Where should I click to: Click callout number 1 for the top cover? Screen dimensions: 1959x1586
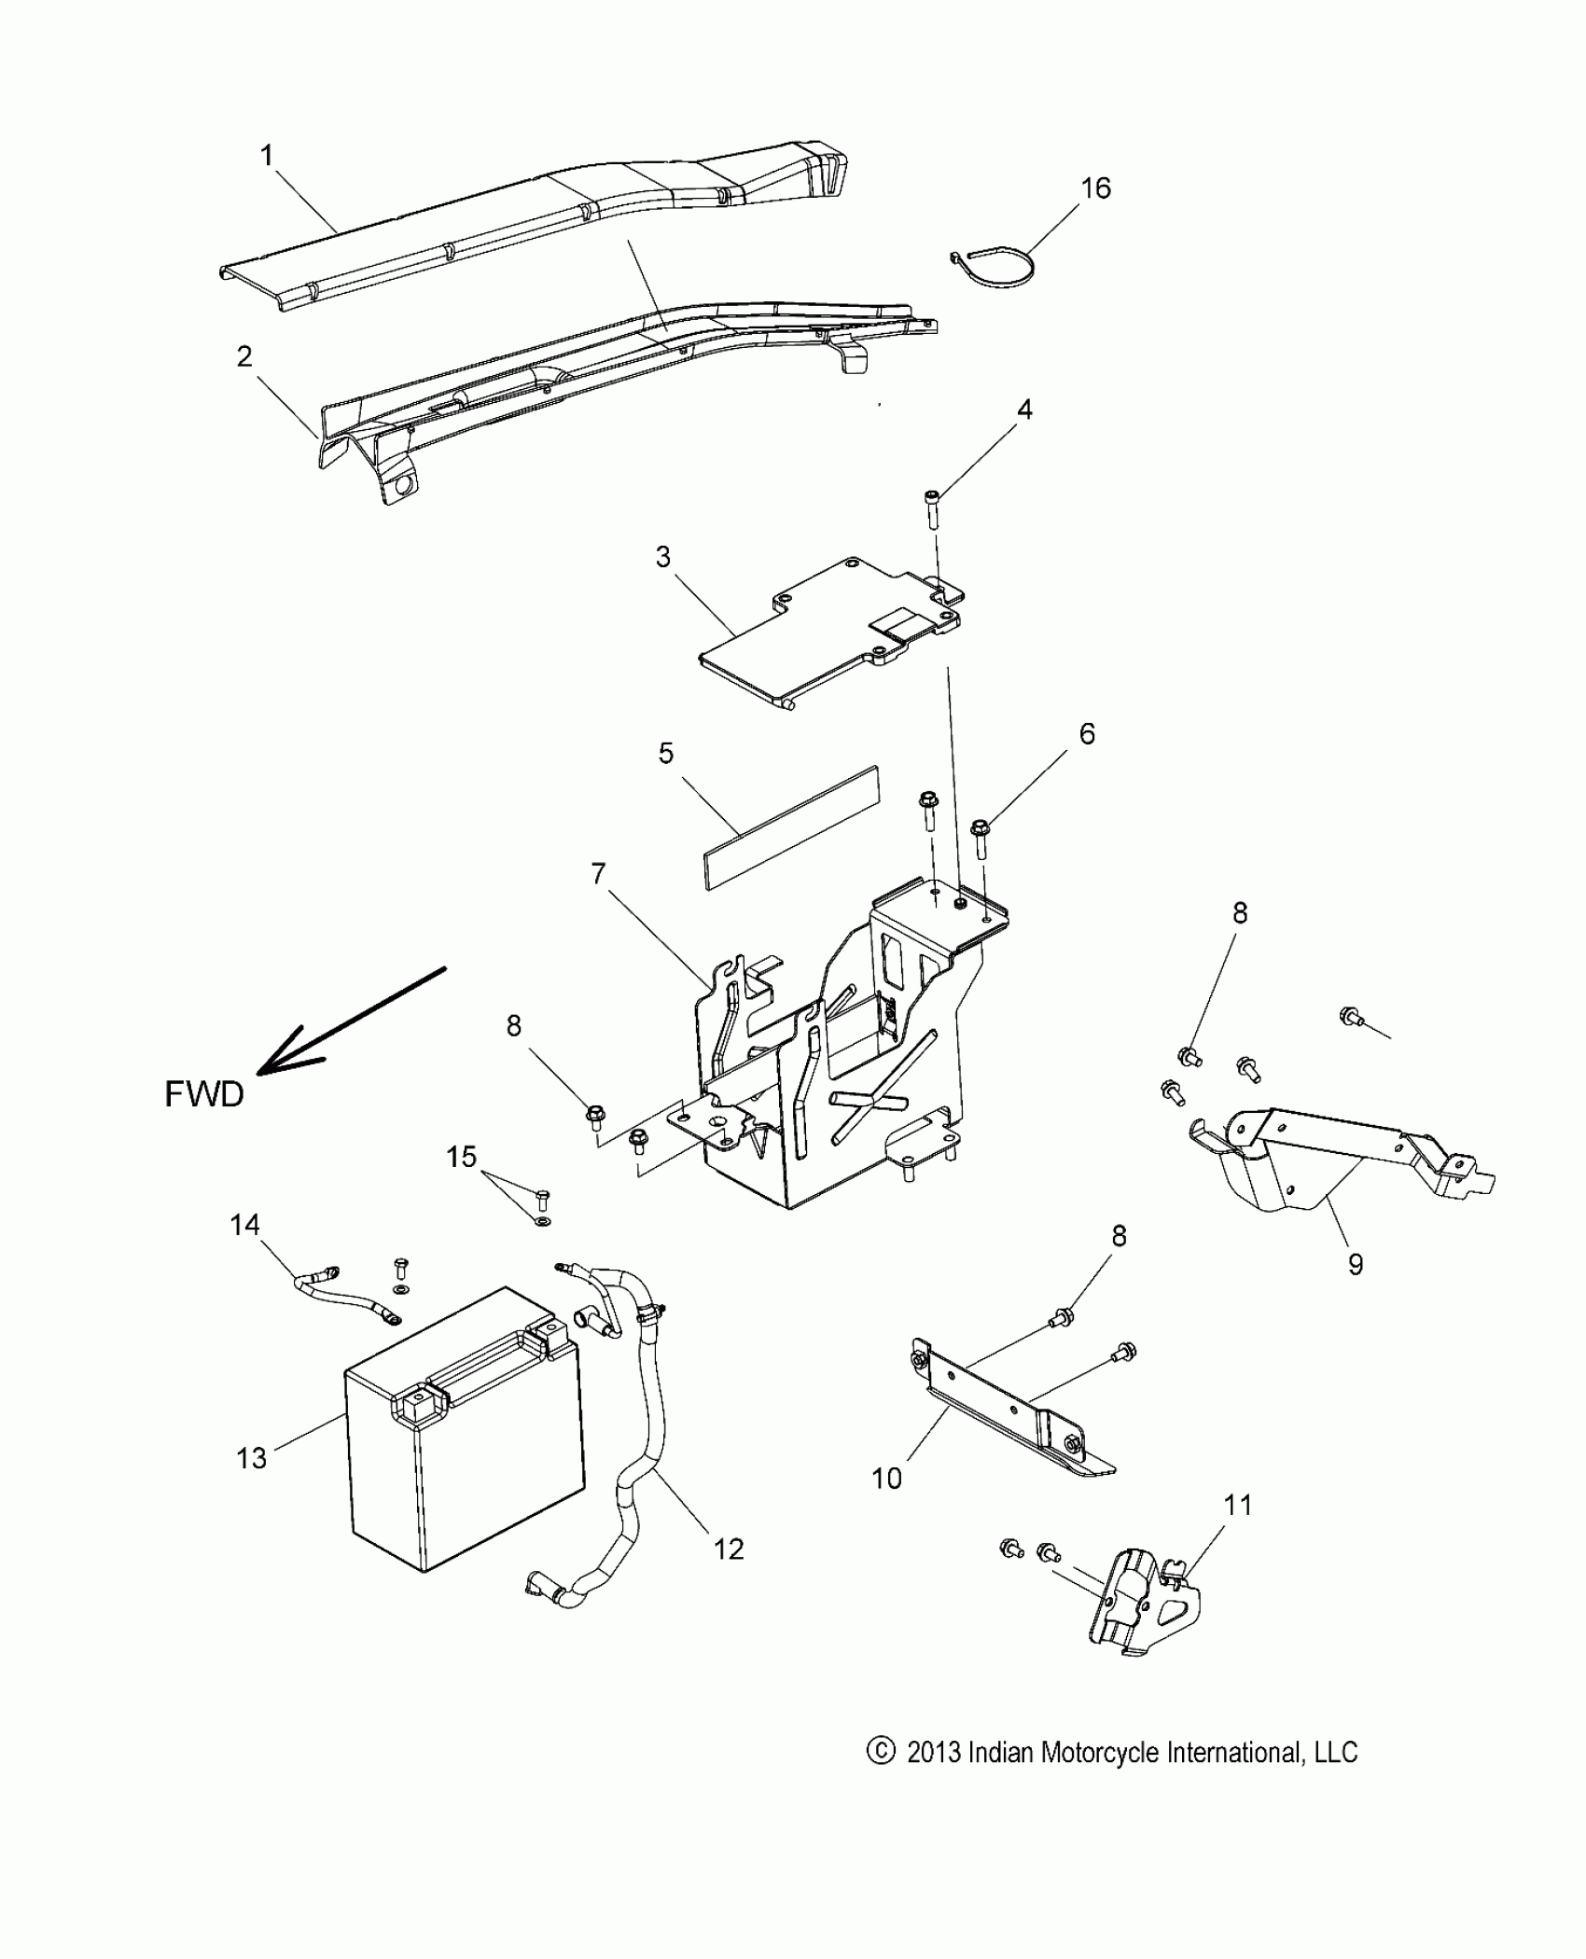[x=268, y=156]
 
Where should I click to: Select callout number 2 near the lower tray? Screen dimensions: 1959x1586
[x=244, y=356]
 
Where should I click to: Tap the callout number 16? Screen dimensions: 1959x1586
[x=1096, y=188]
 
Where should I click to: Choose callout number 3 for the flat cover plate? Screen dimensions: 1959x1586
[x=663, y=558]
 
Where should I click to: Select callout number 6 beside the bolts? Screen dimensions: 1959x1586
[x=1087, y=734]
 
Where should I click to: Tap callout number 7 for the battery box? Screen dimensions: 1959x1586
[x=598, y=874]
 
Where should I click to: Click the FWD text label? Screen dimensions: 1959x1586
[x=204, y=1094]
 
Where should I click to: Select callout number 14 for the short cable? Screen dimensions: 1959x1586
[x=245, y=1224]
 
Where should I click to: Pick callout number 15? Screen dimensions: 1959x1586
[x=461, y=1157]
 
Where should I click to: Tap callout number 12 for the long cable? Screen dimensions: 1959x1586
[x=729, y=1549]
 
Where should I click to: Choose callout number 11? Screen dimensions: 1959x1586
[x=1237, y=1505]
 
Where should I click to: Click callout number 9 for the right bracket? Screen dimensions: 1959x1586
[x=1356, y=1264]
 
